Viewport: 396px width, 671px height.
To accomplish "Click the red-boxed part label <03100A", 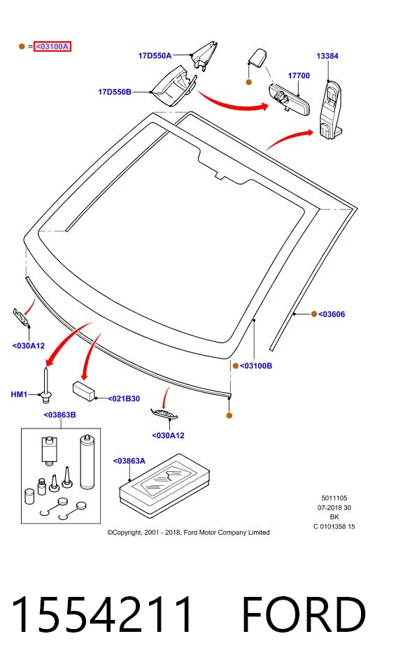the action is tap(52, 46).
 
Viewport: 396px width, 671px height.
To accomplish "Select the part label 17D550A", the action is tap(155, 56).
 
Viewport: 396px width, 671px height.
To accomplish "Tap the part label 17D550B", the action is tap(115, 92).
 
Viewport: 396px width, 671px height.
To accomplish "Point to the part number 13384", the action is tap(327, 56).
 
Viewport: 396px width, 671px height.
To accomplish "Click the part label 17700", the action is tap(299, 75).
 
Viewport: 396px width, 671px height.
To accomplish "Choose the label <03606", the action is tap(332, 315).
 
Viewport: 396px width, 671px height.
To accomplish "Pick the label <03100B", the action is tap(256, 366).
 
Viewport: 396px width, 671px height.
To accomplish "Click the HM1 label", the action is tap(19, 394).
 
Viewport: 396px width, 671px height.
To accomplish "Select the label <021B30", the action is tap(123, 399).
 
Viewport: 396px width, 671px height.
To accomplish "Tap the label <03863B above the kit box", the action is tap(60, 414).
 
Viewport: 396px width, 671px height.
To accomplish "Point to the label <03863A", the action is tap(129, 461).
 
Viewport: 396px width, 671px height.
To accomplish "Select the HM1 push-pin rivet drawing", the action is tap(45, 384).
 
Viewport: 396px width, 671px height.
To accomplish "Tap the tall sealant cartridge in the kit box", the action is tap(87, 461).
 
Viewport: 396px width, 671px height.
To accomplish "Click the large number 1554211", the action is tap(101, 614).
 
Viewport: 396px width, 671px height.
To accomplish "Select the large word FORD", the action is tap(304, 614).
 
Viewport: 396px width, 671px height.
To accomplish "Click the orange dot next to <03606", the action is tap(314, 314).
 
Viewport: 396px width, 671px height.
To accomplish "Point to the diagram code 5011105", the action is tap(334, 498).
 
